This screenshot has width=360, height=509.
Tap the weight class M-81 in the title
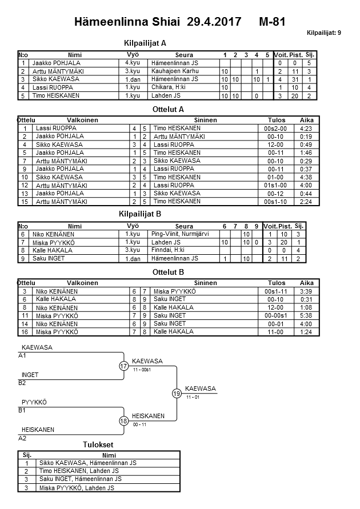(x=272, y=22)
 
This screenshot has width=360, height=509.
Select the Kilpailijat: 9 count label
(x=324, y=33)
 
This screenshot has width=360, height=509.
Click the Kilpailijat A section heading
(x=145, y=43)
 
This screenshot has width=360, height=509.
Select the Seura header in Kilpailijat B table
(x=184, y=226)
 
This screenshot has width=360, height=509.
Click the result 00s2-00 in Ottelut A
(x=277, y=129)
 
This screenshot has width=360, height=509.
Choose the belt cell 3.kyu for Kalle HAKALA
(x=133, y=250)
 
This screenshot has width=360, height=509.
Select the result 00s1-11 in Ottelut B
(x=277, y=291)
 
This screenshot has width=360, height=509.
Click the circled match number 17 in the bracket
(x=124, y=366)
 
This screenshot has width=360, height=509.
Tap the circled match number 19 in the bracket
(x=177, y=393)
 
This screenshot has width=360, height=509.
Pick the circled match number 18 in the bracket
(x=124, y=421)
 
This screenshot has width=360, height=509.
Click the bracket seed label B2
(x=22, y=383)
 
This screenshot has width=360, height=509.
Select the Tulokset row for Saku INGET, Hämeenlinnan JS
(x=80, y=479)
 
